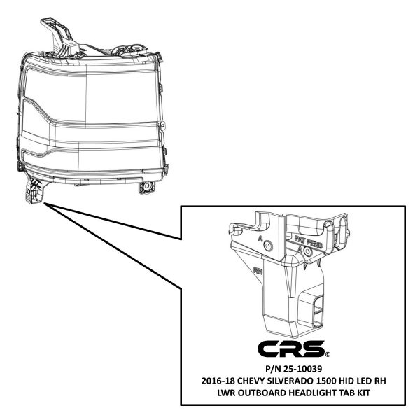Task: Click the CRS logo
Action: (x=291, y=349)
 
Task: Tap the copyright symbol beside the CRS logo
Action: (x=328, y=355)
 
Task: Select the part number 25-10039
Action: (x=303, y=369)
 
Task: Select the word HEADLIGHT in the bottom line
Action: (x=312, y=393)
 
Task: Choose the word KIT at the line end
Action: (x=363, y=393)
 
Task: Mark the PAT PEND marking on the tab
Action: (x=309, y=241)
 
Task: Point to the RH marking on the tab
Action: (x=258, y=271)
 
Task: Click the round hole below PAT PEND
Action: (x=308, y=251)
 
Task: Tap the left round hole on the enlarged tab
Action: (x=268, y=245)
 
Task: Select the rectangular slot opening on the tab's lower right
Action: (x=318, y=311)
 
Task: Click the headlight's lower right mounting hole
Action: (x=147, y=186)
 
